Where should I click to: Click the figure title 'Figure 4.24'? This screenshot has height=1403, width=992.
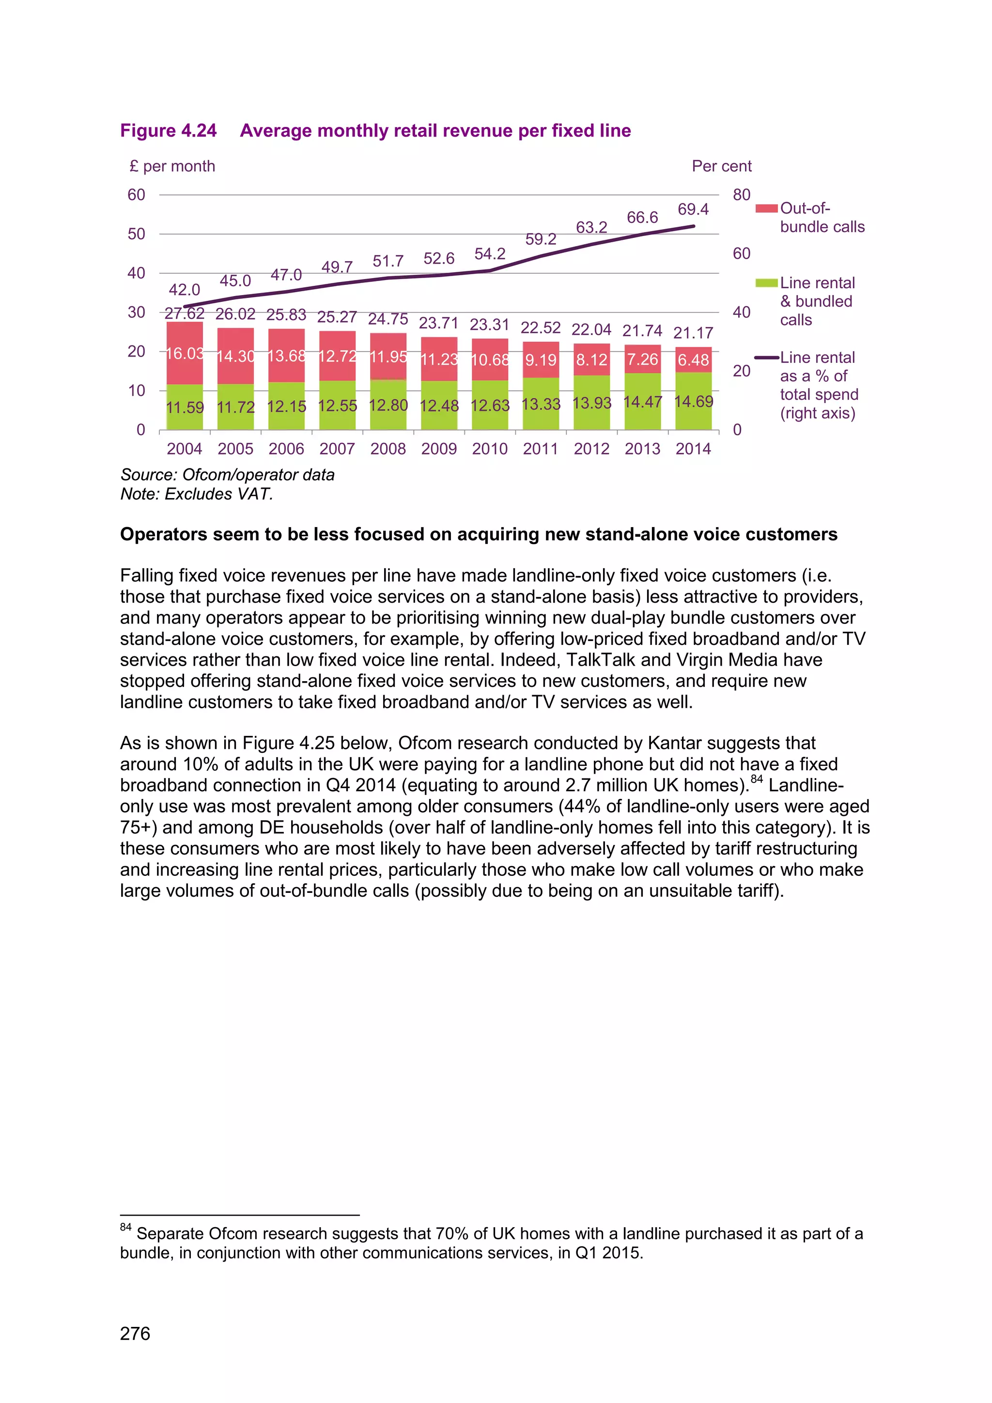click(x=168, y=131)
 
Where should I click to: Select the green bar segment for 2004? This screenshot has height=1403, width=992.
click(x=185, y=407)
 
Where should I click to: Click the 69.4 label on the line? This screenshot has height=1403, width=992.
click(x=693, y=210)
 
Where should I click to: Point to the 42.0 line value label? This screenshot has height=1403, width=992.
click(x=185, y=290)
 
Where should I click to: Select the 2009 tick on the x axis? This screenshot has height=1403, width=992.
click(x=438, y=449)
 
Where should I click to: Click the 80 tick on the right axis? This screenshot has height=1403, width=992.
click(x=742, y=195)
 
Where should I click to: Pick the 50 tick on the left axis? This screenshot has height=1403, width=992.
click(x=136, y=234)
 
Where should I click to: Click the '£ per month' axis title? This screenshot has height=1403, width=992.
click(x=172, y=166)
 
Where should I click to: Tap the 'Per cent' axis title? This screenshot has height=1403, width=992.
click(x=721, y=166)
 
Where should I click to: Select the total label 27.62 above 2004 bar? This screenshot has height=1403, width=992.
click(x=185, y=313)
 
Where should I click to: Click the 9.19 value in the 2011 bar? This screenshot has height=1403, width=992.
click(x=541, y=360)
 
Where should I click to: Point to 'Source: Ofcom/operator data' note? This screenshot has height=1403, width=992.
click(x=227, y=475)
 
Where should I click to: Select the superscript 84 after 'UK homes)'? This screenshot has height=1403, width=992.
click(x=757, y=779)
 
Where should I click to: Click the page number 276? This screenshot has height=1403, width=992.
click(x=135, y=1333)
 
